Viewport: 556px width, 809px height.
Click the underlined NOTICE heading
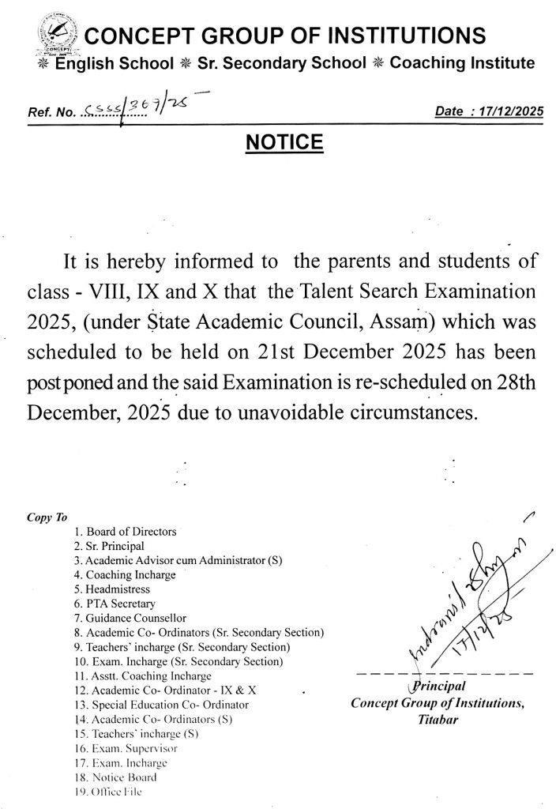click(284, 142)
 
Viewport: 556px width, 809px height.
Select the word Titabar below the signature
click(436, 720)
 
